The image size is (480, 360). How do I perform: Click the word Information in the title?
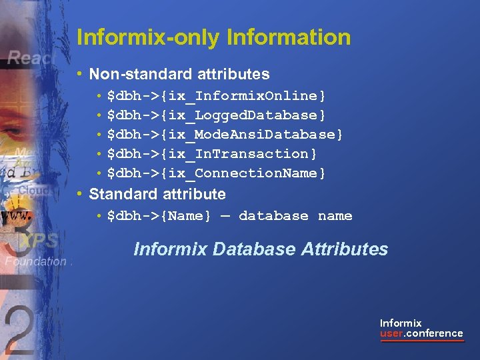pyautogui.click(x=289, y=37)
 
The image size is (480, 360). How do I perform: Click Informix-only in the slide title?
pyautogui.click(x=148, y=37)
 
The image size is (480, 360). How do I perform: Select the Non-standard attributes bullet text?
pyautogui.click(x=179, y=74)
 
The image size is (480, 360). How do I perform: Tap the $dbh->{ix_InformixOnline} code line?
pyautogui.click(x=217, y=96)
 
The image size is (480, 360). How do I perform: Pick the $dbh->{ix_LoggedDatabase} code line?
pyautogui.click(x=217, y=115)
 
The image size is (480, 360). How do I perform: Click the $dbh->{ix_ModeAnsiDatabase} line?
pyautogui.click(x=225, y=135)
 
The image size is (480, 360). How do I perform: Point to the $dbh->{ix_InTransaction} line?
pyautogui.click(x=212, y=154)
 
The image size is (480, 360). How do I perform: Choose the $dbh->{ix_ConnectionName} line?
pyautogui.click(x=217, y=173)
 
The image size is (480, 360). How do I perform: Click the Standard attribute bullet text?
pyautogui.click(x=157, y=194)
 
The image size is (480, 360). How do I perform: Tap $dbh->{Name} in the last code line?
pyautogui.click(x=159, y=216)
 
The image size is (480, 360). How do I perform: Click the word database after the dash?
pyautogui.click(x=273, y=216)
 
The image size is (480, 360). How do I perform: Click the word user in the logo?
pyautogui.click(x=391, y=333)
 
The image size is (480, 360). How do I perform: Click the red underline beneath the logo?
pyautogui.click(x=421, y=341)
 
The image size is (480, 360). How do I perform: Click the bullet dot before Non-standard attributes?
pyautogui.click(x=79, y=74)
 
